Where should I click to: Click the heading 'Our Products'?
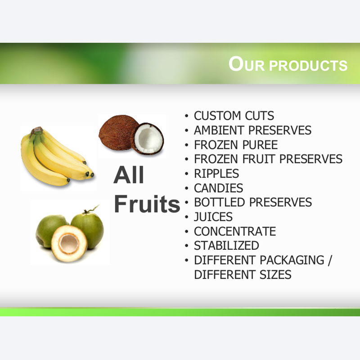(x=288, y=64)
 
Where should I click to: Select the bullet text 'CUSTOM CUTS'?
(x=234, y=116)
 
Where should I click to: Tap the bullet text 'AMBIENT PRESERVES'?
(x=252, y=130)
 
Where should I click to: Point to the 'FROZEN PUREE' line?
(x=236, y=144)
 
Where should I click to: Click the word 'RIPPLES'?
(x=216, y=173)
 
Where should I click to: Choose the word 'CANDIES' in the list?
(x=218, y=188)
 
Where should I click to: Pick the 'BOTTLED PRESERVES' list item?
(x=253, y=202)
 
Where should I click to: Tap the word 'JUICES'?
(x=213, y=217)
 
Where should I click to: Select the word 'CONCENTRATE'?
(x=235, y=231)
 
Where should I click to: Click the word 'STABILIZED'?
(x=226, y=245)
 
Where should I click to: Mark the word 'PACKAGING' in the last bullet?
(x=292, y=260)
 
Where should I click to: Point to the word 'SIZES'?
(x=275, y=274)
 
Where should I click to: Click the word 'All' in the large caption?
(x=129, y=175)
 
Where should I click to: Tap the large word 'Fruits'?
(x=147, y=203)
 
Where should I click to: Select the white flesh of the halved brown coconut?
(x=148, y=139)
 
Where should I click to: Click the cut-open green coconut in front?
(x=69, y=243)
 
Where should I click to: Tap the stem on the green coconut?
(x=91, y=209)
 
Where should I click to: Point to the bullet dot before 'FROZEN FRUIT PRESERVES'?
(x=186, y=159)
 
